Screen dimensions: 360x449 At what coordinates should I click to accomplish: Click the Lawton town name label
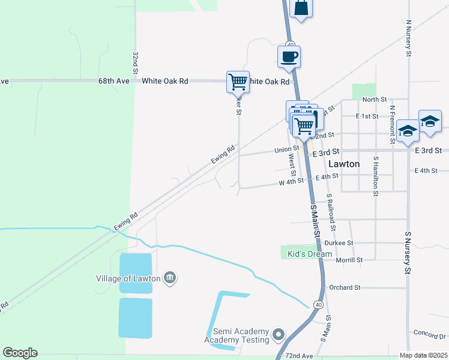click(x=345, y=163)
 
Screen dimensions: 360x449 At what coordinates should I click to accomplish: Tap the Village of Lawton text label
click(x=129, y=278)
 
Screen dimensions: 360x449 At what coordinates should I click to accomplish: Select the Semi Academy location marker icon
click(x=277, y=334)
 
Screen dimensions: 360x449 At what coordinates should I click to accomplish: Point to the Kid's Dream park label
click(x=310, y=254)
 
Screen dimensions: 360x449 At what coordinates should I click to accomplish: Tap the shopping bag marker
click(x=301, y=8)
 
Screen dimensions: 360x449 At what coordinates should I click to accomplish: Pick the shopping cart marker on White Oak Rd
click(x=238, y=81)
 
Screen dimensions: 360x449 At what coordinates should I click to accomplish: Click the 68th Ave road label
click(x=114, y=80)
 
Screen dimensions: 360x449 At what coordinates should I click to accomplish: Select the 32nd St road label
click(x=136, y=62)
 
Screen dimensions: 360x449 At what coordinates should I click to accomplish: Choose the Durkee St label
click(x=339, y=243)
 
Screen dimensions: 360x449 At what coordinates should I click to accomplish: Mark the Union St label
click(x=286, y=149)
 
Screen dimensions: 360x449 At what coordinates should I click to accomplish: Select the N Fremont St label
click(x=392, y=124)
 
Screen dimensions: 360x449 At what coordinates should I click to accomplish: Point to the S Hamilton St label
click(x=376, y=177)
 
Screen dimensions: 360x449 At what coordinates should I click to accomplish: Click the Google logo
click(x=20, y=353)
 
